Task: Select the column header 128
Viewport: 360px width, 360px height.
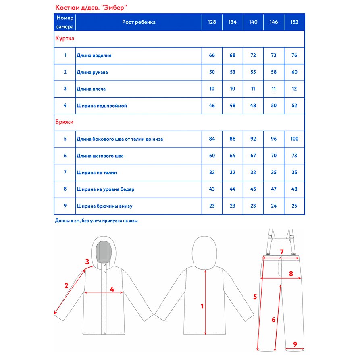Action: coord(212,22)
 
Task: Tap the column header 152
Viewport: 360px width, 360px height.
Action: coord(294,22)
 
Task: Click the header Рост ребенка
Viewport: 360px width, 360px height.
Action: coord(139,22)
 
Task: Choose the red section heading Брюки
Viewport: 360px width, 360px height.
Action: coord(64,122)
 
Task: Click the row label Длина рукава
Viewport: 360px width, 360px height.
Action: coord(92,72)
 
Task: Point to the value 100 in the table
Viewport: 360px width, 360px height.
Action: coord(294,139)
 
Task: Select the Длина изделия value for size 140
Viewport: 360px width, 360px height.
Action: coord(253,56)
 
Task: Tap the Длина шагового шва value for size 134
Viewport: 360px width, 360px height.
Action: coord(233,156)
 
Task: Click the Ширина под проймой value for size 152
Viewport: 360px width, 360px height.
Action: coord(294,106)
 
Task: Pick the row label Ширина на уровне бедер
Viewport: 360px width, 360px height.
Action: coord(106,189)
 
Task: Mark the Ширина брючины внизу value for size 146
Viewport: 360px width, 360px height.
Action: coord(274,206)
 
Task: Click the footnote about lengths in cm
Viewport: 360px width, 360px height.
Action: coord(99,221)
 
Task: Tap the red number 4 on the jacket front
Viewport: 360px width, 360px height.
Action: coord(112,289)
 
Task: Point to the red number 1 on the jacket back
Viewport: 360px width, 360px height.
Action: coord(202,306)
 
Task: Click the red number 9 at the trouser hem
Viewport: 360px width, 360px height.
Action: coord(295,344)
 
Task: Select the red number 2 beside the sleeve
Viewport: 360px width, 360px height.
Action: coord(67,286)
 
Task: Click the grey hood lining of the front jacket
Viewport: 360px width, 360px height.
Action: coord(104,254)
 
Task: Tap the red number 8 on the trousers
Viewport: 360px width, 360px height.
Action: coord(291,273)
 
